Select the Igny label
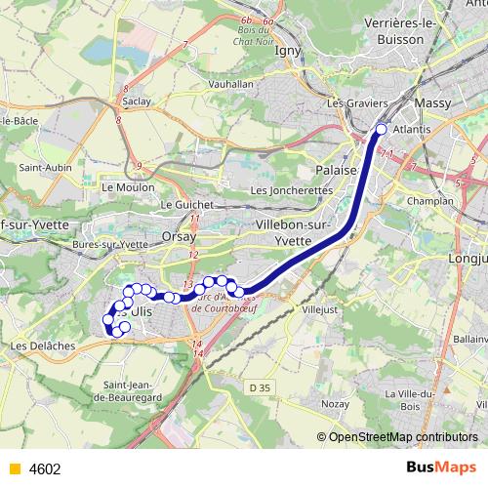click(287, 52)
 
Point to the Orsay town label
click(180, 236)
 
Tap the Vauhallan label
click(233, 85)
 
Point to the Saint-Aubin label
click(42, 167)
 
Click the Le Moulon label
click(122, 185)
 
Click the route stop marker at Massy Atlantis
click(381, 129)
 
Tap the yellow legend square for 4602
click(14, 468)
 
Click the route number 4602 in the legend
click(45, 468)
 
